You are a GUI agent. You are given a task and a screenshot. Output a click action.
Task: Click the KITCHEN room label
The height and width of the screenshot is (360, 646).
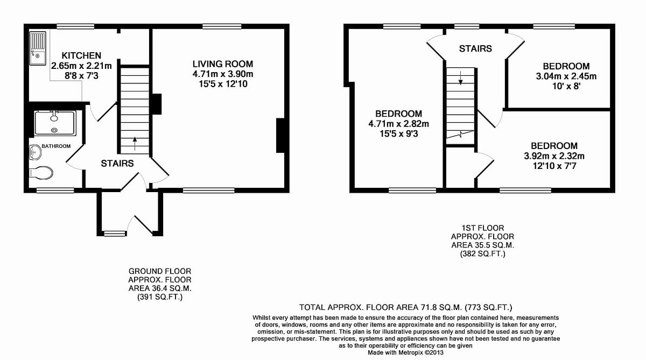tap(81, 55)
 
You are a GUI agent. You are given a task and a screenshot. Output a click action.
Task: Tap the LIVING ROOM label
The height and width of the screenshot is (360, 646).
tap(222, 64)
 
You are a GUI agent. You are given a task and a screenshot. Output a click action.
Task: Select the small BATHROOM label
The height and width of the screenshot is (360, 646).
tap(57, 146)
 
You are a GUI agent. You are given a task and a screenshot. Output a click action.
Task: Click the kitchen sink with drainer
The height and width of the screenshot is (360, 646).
tap(38, 48)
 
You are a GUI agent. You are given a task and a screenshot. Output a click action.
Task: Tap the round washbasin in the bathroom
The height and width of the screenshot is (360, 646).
tap(35, 152)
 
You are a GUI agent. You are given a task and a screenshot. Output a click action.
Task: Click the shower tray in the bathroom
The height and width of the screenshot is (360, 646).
tap(55, 123)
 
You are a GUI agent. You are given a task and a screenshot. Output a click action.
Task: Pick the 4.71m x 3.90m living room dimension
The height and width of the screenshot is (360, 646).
tap(222, 74)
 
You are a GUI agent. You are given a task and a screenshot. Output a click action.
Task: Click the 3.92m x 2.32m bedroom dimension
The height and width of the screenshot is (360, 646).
tap(554, 156)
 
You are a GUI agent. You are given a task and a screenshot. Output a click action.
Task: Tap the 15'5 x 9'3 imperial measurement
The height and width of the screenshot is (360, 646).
tap(398, 134)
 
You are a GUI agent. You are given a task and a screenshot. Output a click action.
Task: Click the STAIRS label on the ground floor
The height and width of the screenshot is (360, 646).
tap(117, 163)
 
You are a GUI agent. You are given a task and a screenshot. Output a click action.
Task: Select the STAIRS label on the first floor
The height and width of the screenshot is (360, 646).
tap(475, 48)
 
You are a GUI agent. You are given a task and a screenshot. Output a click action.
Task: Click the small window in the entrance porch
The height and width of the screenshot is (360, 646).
tap(114, 233)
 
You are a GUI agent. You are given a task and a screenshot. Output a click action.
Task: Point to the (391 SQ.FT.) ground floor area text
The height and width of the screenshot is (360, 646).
tap(159, 297)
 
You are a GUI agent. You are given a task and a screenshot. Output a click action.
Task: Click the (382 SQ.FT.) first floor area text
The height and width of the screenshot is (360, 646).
tap(482, 253)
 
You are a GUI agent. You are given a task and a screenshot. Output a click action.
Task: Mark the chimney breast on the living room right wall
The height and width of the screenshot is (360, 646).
tap(280, 136)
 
